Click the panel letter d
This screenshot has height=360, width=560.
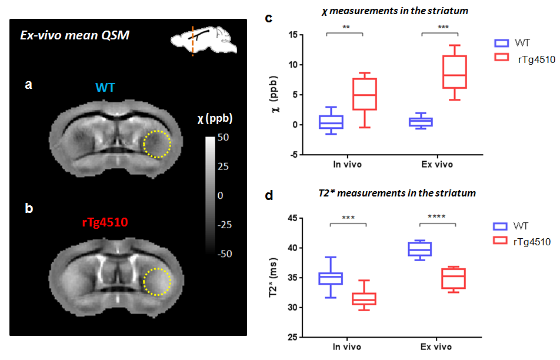pos(269,195)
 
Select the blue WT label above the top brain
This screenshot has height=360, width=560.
pos(105,88)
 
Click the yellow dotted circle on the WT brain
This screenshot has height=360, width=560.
pos(158,144)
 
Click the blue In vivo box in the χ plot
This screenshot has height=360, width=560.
pos(331,122)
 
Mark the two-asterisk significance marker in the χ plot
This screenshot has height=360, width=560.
pos(344,27)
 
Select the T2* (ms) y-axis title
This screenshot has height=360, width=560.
pos(274,278)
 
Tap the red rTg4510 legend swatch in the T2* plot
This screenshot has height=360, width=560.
pos(501,241)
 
